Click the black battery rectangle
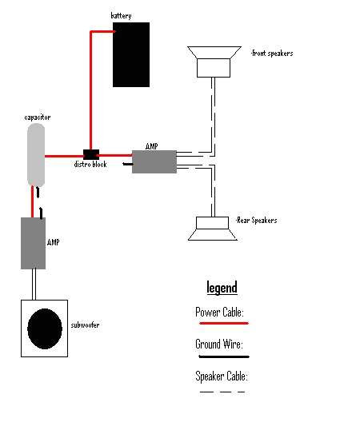(131, 54)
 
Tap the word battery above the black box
(121, 16)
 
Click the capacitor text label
(38, 117)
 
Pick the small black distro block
(91, 153)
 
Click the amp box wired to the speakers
(154, 161)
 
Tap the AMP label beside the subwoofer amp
(54, 241)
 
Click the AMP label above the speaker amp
(152, 146)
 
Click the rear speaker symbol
(211, 229)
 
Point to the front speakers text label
(272, 54)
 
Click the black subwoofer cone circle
(45, 328)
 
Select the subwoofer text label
(88, 325)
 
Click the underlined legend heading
(222, 288)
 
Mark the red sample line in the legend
(222, 324)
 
